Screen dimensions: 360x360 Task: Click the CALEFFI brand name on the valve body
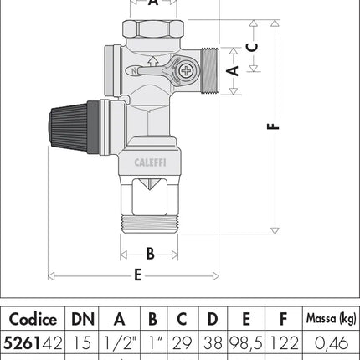(148, 165)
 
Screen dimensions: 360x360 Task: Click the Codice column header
(33, 319)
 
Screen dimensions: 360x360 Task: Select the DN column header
(82, 319)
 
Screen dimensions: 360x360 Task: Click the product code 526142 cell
(33, 342)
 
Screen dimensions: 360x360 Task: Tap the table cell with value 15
(82, 342)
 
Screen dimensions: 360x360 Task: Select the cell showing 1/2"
(119, 342)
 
